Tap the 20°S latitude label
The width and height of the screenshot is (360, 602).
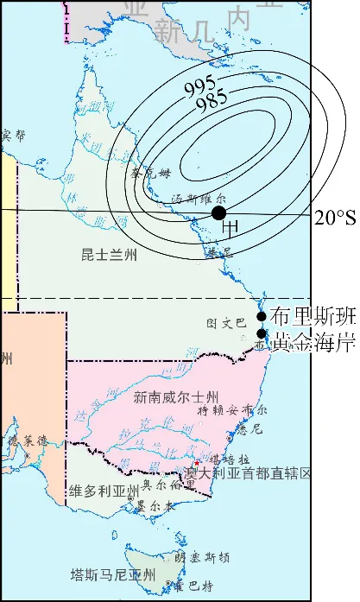tap(334, 218)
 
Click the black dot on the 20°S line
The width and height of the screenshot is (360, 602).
tap(219, 212)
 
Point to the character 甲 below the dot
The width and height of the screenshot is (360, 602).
tap(231, 228)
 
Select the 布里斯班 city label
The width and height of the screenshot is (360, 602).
tap(313, 315)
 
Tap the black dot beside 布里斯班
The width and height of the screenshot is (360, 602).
tap(262, 316)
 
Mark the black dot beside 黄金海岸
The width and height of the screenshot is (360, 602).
tap(262, 333)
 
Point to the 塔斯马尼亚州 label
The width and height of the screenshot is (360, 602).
tap(113, 574)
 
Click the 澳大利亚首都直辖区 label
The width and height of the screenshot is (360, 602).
tap(248, 472)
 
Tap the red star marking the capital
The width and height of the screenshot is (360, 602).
tap(198, 463)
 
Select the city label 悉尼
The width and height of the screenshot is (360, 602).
tap(249, 428)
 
